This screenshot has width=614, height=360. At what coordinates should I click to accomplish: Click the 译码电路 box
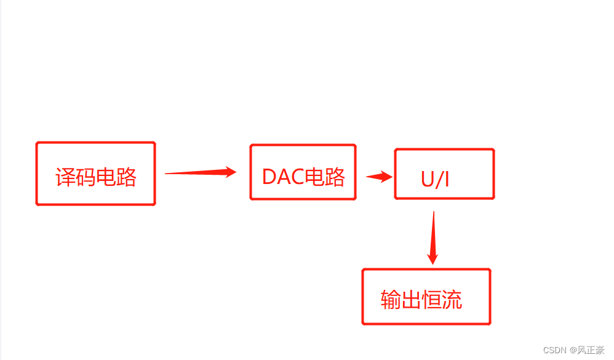95,174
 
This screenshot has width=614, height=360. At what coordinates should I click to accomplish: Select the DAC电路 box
303,172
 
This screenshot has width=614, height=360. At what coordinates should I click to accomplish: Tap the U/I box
444,174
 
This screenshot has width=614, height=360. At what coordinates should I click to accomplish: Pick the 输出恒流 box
426,297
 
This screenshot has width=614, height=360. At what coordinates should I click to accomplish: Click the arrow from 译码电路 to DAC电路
200,173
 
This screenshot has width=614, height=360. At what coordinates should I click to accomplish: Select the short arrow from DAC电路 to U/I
379,177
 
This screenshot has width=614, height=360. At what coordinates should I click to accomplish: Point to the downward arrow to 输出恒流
433,237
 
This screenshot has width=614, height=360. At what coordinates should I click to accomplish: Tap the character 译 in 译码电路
65,177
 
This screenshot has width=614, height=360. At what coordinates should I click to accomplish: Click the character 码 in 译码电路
86,177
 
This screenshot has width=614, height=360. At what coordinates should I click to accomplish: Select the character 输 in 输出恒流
391,300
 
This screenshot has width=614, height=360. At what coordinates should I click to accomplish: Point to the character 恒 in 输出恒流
432,300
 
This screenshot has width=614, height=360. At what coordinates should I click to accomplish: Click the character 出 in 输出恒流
412,300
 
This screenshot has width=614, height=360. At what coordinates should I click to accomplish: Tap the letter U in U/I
428,179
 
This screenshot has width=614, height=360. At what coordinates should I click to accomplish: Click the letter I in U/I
447,179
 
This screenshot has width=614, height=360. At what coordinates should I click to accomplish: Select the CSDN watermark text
554,350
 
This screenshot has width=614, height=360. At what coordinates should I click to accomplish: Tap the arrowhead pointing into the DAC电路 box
230,172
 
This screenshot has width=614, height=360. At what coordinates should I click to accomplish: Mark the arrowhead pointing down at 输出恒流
433,257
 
